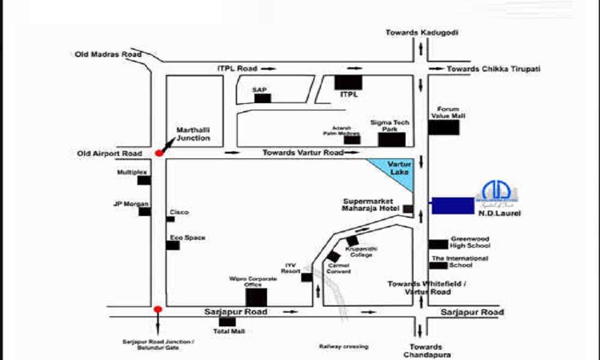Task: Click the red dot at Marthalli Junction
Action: click(159, 153)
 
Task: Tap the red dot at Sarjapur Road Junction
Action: click(158, 310)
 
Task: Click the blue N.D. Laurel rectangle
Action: click(453, 205)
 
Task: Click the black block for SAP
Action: click(262, 98)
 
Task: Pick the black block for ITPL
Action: click(349, 82)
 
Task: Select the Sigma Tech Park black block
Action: click(391, 140)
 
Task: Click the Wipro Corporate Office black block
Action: click(257, 297)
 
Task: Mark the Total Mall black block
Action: click(227, 322)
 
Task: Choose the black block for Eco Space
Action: click(173, 245)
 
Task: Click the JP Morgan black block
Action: click(144, 211)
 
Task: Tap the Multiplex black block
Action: click(144, 180)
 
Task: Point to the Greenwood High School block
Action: click(438, 244)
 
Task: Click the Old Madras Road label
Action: click(108, 55)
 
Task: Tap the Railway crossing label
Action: click(344, 347)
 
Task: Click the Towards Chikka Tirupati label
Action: click(493, 69)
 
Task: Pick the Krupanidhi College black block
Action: click(352, 241)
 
